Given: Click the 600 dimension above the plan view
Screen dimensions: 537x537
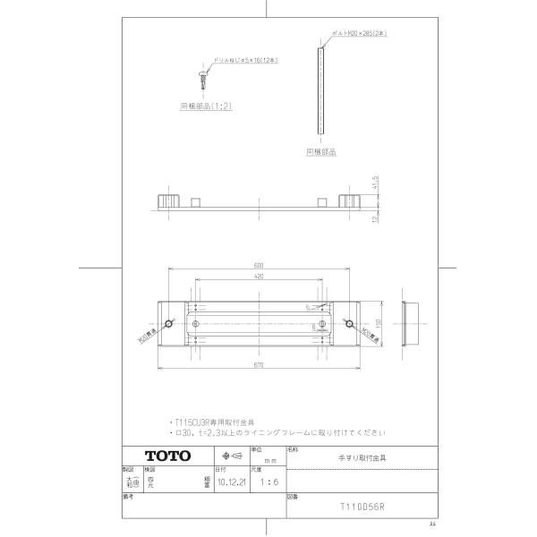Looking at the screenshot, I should click(x=258, y=265).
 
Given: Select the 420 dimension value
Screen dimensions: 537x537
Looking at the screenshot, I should click(x=258, y=277).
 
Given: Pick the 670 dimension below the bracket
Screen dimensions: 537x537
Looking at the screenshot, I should click(x=258, y=367).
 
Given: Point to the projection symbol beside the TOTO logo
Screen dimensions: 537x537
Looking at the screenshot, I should click(x=230, y=456).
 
